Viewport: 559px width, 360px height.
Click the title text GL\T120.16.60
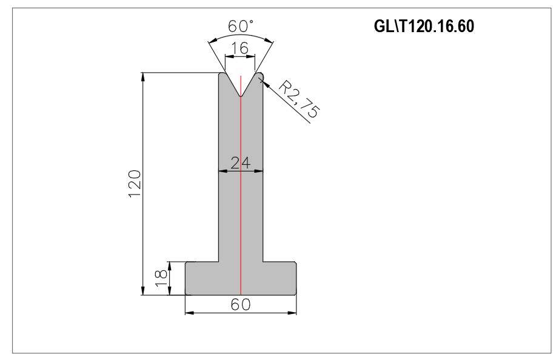point(424,27)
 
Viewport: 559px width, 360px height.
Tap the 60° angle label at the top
point(241,27)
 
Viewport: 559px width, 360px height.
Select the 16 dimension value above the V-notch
point(240,48)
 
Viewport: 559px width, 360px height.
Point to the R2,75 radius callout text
point(298,99)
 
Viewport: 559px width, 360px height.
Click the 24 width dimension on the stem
point(241,163)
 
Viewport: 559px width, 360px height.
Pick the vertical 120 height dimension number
point(135,184)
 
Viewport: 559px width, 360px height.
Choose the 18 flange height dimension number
point(161,278)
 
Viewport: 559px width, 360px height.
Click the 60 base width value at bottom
point(241,304)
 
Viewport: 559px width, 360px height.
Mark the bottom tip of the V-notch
point(241,96)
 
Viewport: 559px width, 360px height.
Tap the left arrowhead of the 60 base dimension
point(190,313)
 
